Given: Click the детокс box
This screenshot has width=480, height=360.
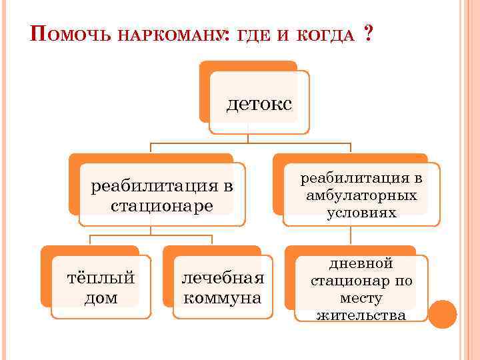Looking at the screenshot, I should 259,103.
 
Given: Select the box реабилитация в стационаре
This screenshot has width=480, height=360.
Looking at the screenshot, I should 162,195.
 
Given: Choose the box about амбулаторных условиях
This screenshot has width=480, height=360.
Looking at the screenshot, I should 361,195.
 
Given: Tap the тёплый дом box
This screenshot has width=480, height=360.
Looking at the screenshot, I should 101,287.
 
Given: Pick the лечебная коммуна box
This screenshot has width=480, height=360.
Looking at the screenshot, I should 223,287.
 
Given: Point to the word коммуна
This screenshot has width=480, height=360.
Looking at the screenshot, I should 223,297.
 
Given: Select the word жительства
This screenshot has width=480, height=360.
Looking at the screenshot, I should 361,315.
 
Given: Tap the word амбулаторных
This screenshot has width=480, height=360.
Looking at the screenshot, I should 362,195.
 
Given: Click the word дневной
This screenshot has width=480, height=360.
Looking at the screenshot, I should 361,264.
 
